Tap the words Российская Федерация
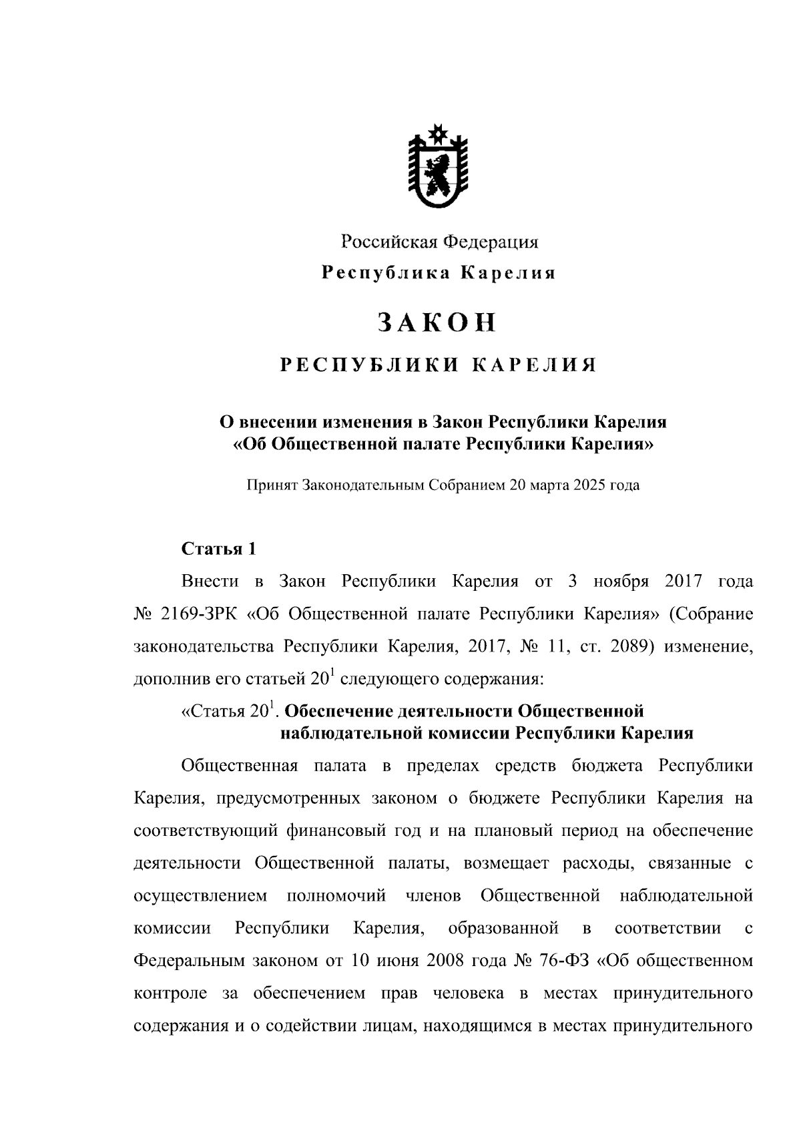click(x=439, y=242)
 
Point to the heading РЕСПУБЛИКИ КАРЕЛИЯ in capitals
click(x=438, y=365)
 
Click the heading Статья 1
click(x=218, y=549)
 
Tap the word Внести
click(x=210, y=582)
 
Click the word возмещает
click(x=504, y=864)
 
